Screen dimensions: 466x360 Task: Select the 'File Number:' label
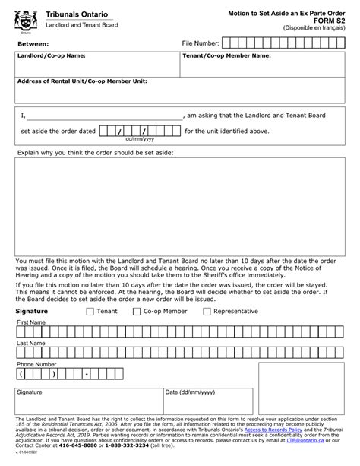[201, 44]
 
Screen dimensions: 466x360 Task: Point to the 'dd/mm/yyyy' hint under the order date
[140, 139]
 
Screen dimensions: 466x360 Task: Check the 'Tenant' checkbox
[90, 312]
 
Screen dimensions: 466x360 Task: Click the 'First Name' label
[31, 322]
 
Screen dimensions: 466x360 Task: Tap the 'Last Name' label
[31, 344]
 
